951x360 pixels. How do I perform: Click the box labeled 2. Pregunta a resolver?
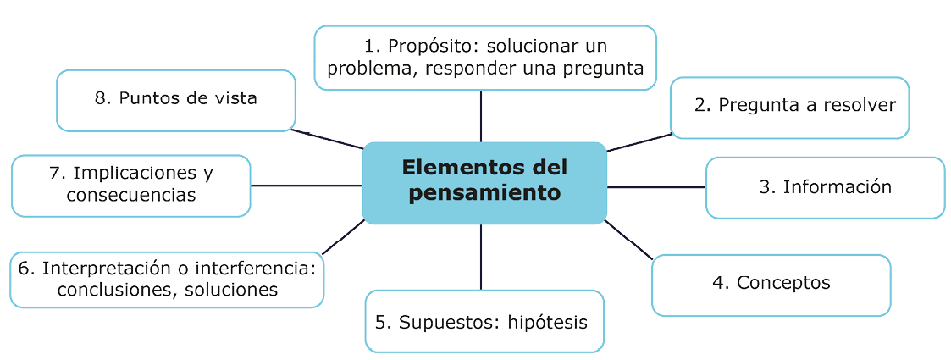(789, 107)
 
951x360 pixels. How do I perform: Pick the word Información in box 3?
(837, 186)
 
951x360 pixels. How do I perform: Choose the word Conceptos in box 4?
(783, 282)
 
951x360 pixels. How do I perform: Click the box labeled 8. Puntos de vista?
(176, 100)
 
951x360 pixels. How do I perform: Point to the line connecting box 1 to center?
(481, 116)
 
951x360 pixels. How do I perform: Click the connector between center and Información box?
(656, 186)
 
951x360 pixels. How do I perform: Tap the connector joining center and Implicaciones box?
(307, 185)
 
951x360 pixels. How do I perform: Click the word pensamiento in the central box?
(484, 192)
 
